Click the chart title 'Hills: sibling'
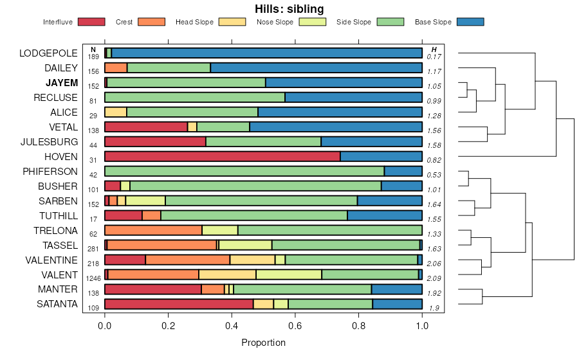289,9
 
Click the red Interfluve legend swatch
91,22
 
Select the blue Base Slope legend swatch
470,22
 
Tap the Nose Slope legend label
275,22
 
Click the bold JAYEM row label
62,83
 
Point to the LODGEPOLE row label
48,53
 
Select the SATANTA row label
56,303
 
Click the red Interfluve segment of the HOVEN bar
222,156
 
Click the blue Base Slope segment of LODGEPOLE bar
266,53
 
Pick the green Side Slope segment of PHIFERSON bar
244,171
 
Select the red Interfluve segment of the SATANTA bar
179,304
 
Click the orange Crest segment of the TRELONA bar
153,230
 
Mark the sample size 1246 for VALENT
93,278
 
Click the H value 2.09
434,278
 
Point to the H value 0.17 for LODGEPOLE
434,57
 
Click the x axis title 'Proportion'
263,343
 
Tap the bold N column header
93,50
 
